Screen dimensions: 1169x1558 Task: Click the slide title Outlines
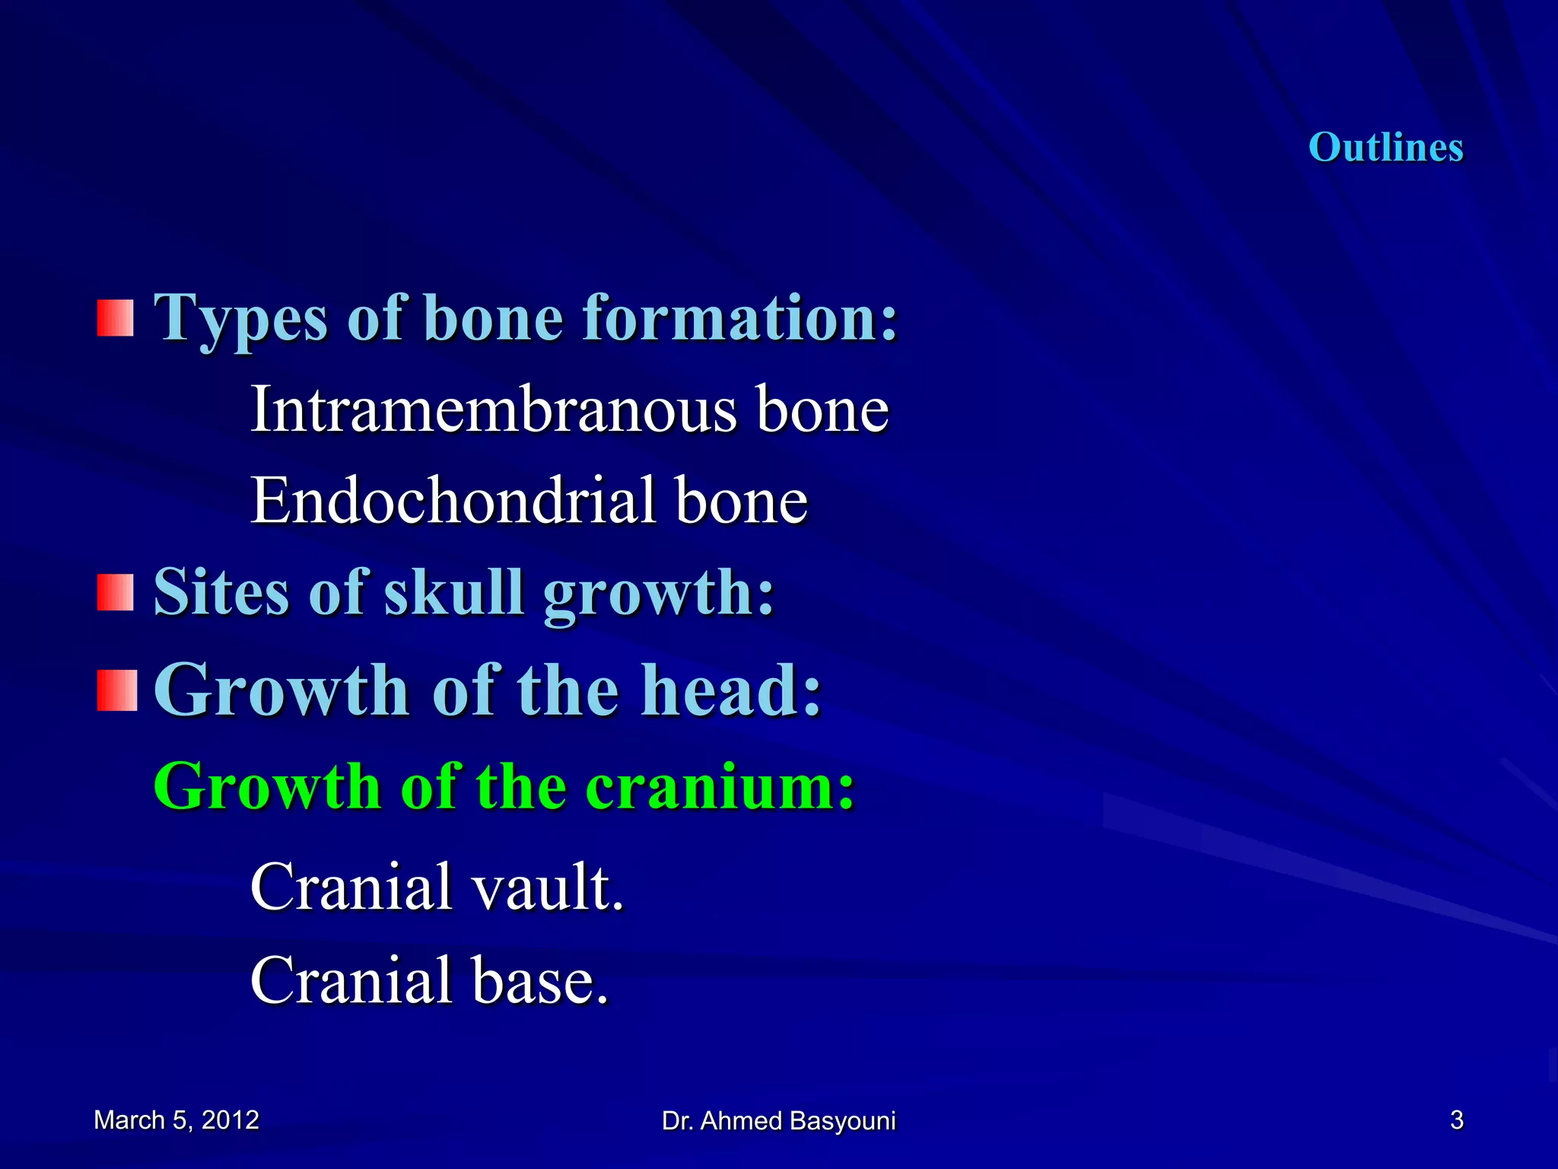[x=1385, y=147]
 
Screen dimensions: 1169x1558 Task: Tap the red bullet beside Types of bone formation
[x=116, y=317]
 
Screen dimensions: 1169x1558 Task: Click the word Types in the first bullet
[x=241, y=319]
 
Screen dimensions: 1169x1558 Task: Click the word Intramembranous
[x=493, y=409]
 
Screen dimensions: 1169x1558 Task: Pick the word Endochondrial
[x=453, y=501]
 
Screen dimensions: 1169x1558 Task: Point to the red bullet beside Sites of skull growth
[x=116, y=592]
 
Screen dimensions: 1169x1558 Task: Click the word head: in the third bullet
[x=731, y=690]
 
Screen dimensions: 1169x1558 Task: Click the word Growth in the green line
[x=267, y=786]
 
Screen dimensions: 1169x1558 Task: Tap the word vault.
[x=547, y=887]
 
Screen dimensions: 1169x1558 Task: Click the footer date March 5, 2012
[x=176, y=1120]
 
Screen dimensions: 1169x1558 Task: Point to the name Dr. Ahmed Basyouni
[x=778, y=1121]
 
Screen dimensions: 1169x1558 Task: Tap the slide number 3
[x=1456, y=1120]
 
